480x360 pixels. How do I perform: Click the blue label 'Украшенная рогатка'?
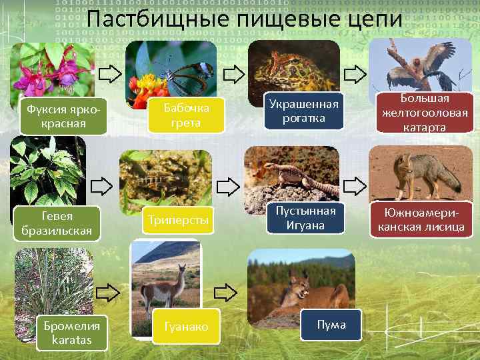point(303,111)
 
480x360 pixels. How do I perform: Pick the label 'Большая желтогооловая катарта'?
point(425,113)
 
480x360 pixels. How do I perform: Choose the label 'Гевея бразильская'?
point(57,223)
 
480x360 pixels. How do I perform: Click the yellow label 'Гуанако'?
point(186,327)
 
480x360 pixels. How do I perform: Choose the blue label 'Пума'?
point(331,325)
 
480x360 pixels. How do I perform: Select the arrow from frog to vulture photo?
point(355,70)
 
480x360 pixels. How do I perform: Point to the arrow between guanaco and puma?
point(227,292)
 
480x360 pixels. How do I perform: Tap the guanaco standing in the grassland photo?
point(164,283)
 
